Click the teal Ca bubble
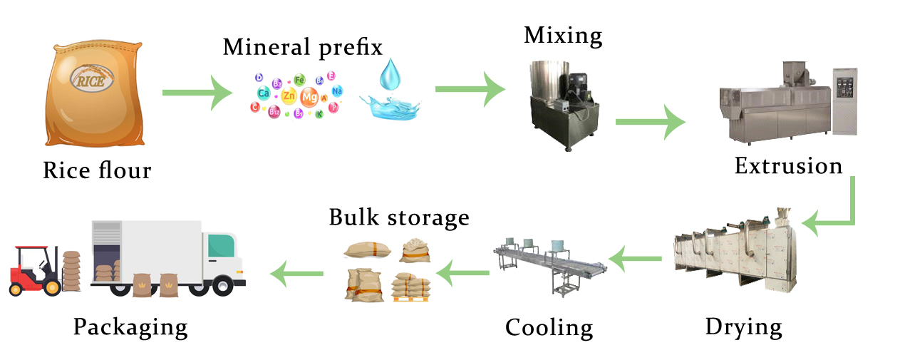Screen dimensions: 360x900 coord(264,93)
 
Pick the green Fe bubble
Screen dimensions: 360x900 coord(299,79)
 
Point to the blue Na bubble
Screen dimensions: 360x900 coord(337,91)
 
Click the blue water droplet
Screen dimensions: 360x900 coord(389,74)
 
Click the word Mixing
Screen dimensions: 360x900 coord(563,36)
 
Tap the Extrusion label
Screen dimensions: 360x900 coord(788,166)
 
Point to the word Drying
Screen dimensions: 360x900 coord(743,327)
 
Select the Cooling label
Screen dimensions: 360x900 coord(549,328)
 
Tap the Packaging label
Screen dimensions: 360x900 coord(130,327)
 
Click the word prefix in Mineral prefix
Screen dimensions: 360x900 coord(350,47)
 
